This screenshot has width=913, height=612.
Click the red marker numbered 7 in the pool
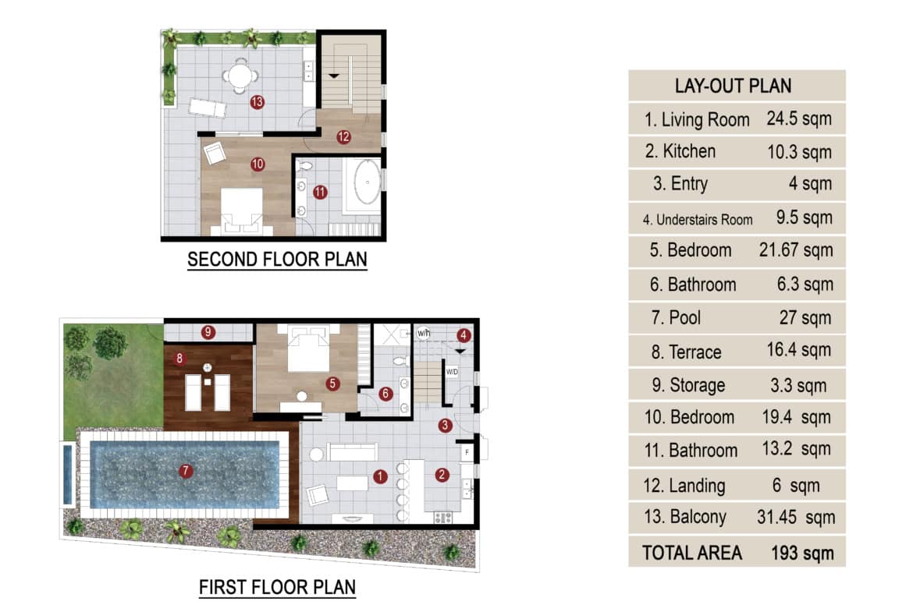pyautogui.click(x=186, y=471)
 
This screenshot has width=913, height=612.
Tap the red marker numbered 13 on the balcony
pyautogui.click(x=258, y=102)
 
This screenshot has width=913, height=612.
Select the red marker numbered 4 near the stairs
pyautogui.click(x=464, y=335)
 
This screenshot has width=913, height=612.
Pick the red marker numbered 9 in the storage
pyautogui.click(x=208, y=332)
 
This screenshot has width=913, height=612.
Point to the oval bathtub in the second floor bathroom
pyautogui.click(x=367, y=182)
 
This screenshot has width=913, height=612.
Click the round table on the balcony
pyautogui.click(x=239, y=75)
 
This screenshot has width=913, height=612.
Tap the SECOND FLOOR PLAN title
pyautogui.click(x=277, y=259)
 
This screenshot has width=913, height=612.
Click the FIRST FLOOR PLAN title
pyautogui.click(x=277, y=587)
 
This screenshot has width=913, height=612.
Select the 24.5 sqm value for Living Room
pyautogui.click(x=799, y=119)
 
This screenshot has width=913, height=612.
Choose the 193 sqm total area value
pyautogui.click(x=802, y=554)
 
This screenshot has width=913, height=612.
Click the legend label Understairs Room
pyautogui.click(x=705, y=220)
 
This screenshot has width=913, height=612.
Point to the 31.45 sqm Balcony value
pyautogui.click(x=796, y=517)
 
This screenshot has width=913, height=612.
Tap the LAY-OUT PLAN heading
pyautogui.click(x=733, y=86)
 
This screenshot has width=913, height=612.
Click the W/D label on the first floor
pyautogui.click(x=452, y=372)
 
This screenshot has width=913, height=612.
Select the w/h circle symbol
pyautogui.click(x=423, y=334)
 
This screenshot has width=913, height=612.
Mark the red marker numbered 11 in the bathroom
pyautogui.click(x=320, y=192)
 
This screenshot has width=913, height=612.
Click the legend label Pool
pyautogui.click(x=685, y=318)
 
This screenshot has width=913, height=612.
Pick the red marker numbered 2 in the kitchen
pyautogui.click(x=442, y=476)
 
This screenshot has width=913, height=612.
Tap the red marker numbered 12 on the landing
pyautogui.click(x=343, y=136)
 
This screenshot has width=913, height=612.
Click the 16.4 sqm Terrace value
pyautogui.click(x=798, y=350)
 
